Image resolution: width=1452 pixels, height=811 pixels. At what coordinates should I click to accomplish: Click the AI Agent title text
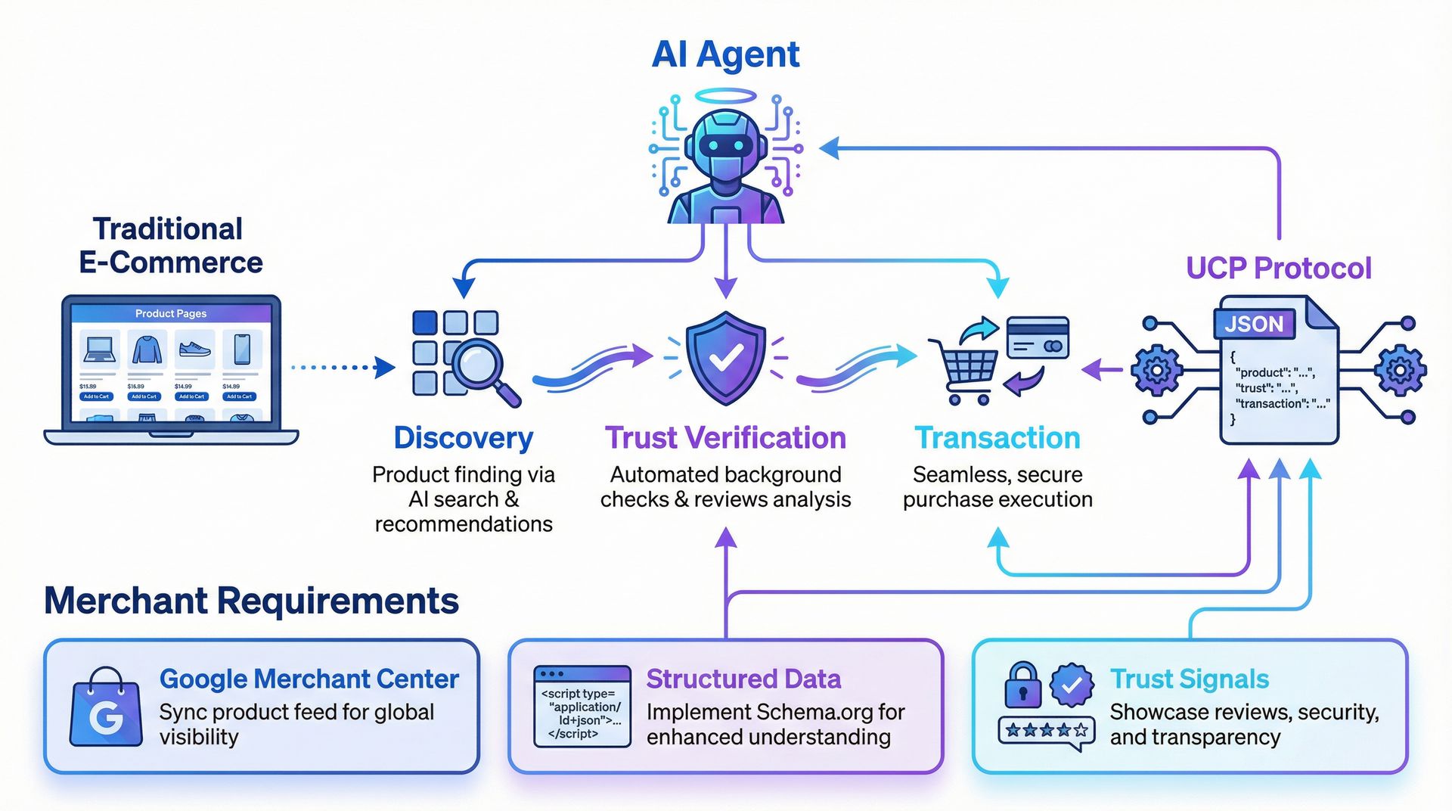(725, 54)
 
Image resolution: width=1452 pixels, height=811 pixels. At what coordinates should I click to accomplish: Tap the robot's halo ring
(725, 96)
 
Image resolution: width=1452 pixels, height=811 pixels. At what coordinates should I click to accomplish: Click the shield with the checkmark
(725, 357)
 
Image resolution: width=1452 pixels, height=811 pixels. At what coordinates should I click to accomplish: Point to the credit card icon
(1037, 337)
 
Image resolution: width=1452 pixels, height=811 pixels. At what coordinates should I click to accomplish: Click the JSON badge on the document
(1254, 324)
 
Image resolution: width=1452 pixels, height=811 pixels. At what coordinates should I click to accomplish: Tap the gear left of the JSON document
(1156, 370)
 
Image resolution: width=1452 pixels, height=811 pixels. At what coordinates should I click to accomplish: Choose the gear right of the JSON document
(1400, 370)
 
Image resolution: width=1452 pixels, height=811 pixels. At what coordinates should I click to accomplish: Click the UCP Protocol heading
(1278, 269)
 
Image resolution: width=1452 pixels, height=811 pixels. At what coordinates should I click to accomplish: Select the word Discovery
(463, 438)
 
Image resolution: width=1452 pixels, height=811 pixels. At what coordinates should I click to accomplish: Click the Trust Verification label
(725, 438)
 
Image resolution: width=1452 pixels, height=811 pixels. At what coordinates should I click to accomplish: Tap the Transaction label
(997, 438)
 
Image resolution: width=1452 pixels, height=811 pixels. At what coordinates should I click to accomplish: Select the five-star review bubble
(1047, 731)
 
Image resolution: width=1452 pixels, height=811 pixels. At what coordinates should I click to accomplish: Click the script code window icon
(582, 707)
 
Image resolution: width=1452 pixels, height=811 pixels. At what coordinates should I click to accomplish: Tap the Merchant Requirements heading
(251, 601)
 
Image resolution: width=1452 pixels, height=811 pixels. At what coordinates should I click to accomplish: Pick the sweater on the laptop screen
(147, 350)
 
